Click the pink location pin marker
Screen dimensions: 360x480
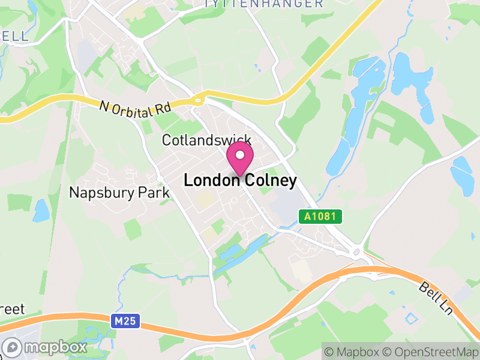click(240, 158)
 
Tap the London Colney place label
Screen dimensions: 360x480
click(240, 181)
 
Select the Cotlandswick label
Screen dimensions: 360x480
click(206, 140)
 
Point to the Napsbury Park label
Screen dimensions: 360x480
click(119, 193)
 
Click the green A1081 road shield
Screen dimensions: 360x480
click(320, 216)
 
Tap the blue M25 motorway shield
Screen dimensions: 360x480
click(125, 322)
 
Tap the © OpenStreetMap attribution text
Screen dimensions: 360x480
click(431, 352)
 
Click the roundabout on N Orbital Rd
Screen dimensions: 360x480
click(199, 99)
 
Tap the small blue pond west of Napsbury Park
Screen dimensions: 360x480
click(41, 210)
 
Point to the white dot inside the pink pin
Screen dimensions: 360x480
click(240, 155)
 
